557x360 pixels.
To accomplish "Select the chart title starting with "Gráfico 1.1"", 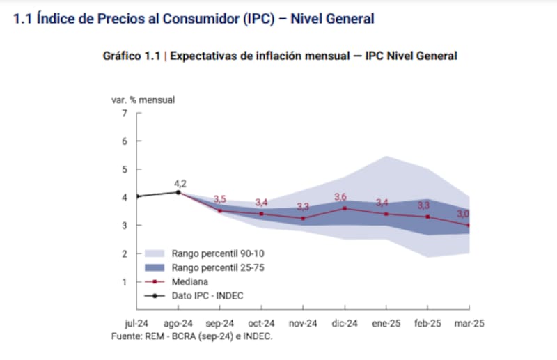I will pos(280,56).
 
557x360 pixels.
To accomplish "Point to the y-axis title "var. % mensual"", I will pos(143,100).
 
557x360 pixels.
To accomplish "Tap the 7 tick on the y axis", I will pos(125,113).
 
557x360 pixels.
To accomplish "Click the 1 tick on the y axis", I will pos(125,282).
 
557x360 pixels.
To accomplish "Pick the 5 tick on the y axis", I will pos(125,169).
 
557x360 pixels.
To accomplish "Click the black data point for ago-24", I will pos(178,192).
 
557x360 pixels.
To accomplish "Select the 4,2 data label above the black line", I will pos(180,184).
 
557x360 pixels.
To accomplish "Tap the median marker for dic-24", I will pos(345,208).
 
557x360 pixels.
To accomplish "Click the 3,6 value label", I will pos(341,198).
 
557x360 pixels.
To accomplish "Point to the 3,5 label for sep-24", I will pos(221,200).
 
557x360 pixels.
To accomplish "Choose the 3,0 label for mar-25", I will pos(463,214).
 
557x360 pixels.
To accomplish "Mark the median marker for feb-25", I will pos(427,217).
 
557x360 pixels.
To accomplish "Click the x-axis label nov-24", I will pos(303,324).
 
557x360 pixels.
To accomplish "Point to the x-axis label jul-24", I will pos(136,324).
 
